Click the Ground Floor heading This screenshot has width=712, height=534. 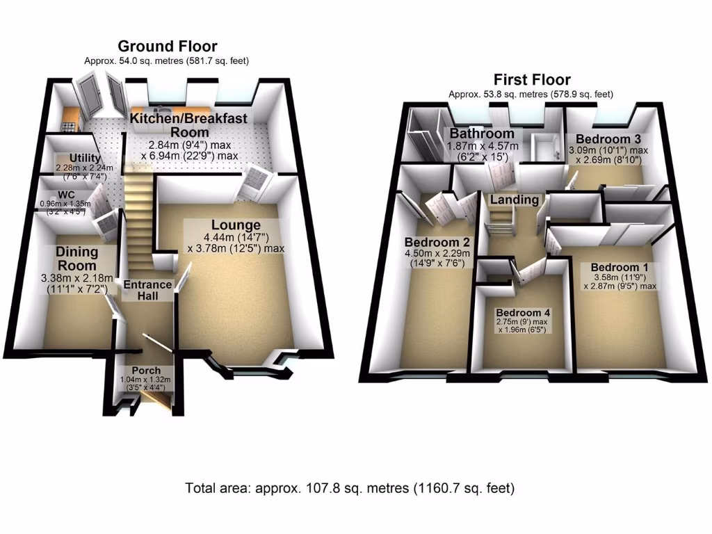tap(167, 47)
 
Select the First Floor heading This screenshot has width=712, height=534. tap(532, 79)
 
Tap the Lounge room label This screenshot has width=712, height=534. tap(236, 225)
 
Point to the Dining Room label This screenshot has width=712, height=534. tap(76, 258)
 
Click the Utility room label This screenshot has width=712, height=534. tap(85, 159)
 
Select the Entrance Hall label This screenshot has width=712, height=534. tap(147, 290)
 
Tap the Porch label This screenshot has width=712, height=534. tap(146, 371)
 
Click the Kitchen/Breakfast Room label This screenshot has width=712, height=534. tap(188, 125)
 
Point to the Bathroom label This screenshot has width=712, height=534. tap(482, 133)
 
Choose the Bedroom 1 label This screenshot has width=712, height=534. tap(614, 267)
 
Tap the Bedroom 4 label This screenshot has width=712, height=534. tap(521, 311)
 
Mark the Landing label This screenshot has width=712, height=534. tap(514, 200)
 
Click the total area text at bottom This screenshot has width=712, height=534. tap(350, 488)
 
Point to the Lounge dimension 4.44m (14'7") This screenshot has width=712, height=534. tap(236, 237)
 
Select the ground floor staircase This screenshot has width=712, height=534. tap(140, 216)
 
